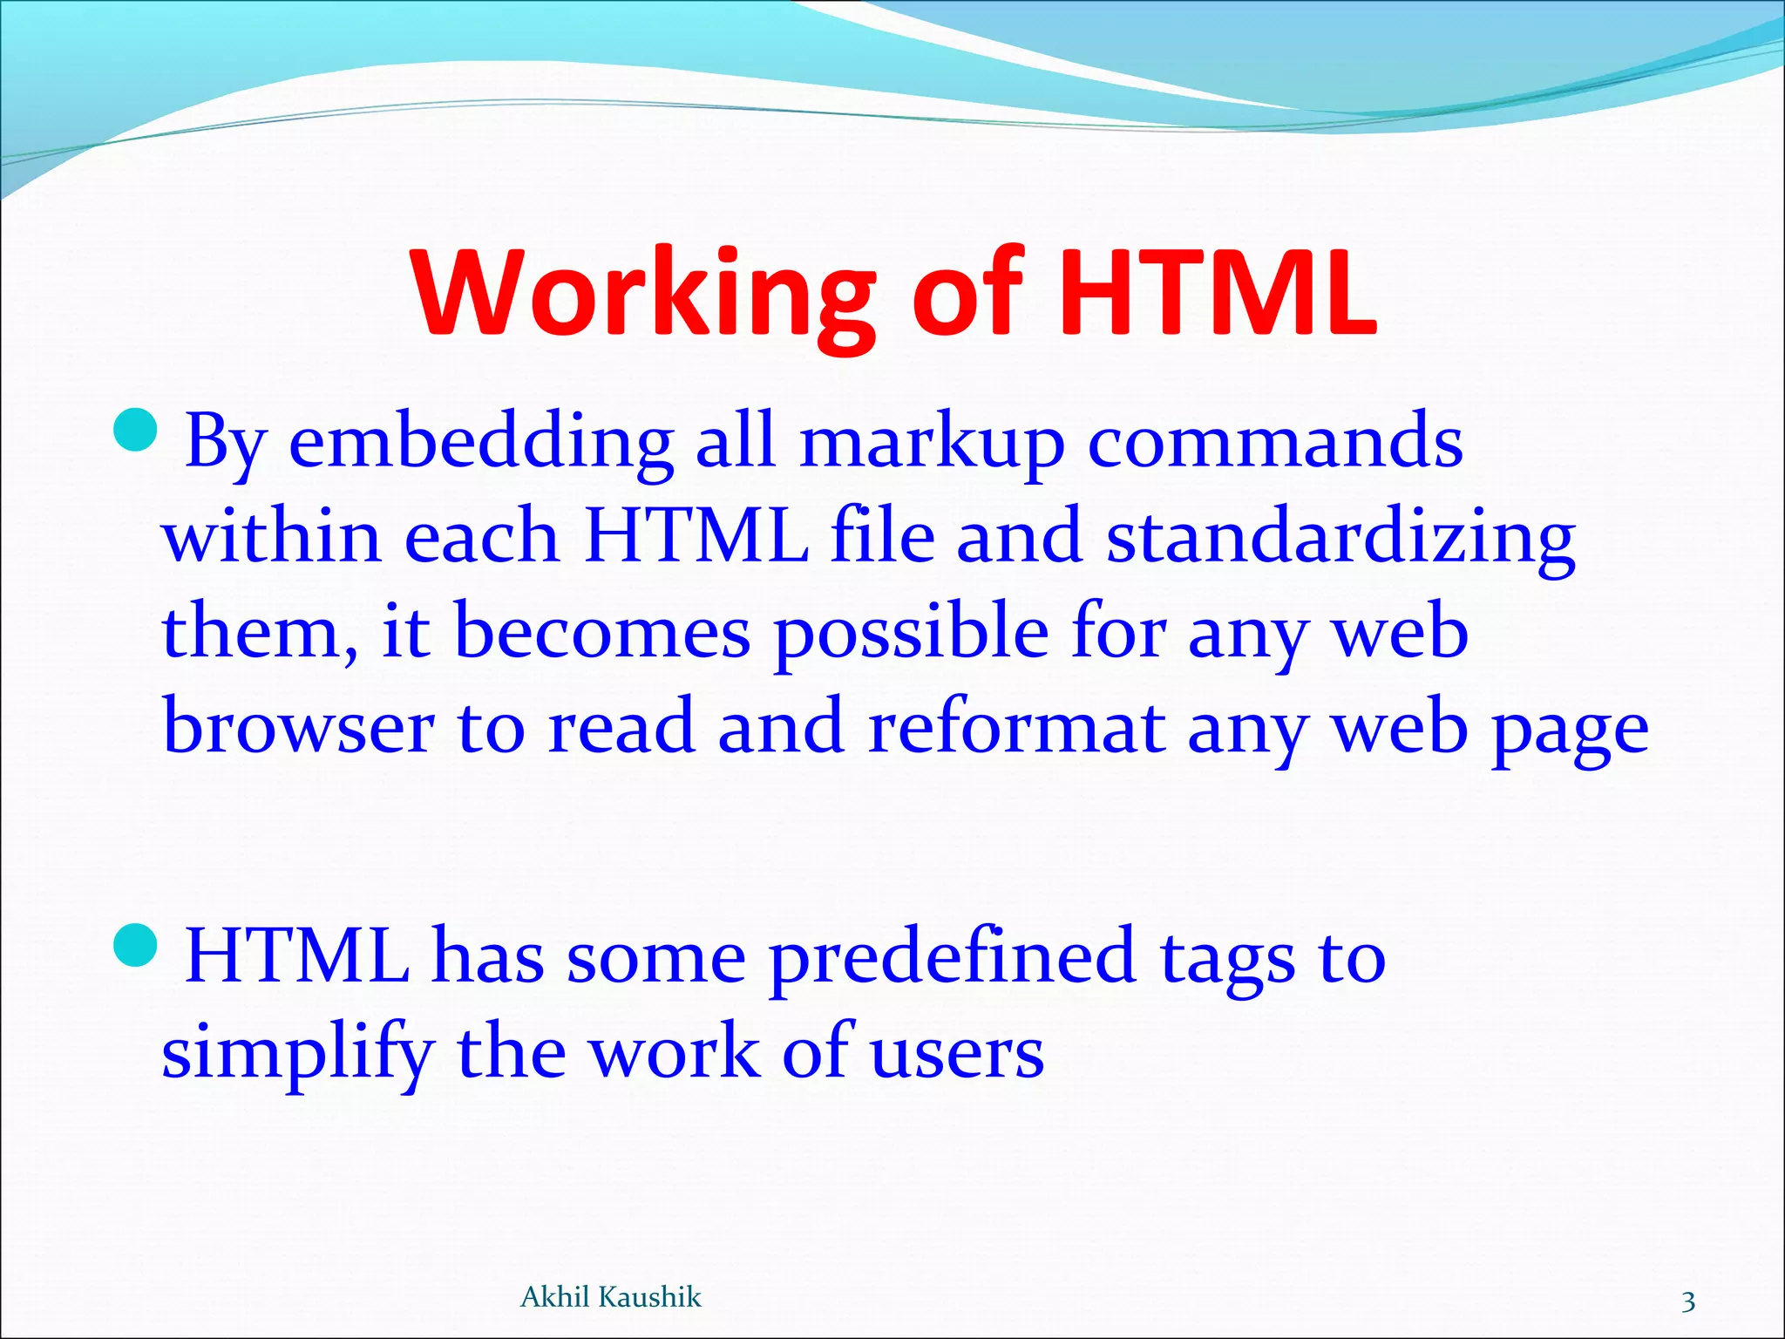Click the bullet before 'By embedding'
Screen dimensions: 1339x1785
136,431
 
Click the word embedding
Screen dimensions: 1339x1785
480,442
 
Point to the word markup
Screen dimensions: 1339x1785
931,442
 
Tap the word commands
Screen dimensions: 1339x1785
1275,442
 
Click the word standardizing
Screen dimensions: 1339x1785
1340,537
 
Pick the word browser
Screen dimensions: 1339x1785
298,728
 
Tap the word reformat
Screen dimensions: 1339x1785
1016,728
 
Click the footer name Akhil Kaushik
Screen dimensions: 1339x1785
610,1297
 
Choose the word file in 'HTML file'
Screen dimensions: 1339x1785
882,537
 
